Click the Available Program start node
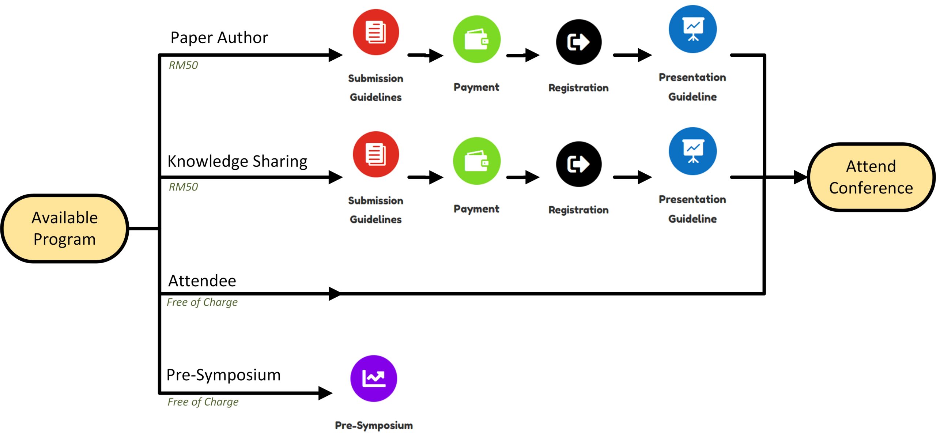(x=65, y=229)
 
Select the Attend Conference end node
(x=871, y=177)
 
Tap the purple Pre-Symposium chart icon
(x=374, y=379)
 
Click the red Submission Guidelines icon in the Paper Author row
(x=376, y=32)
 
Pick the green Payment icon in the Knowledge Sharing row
(x=477, y=161)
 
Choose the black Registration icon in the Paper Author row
(x=579, y=42)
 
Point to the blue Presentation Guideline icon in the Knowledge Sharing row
(x=693, y=151)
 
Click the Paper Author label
(x=219, y=38)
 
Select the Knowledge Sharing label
(x=237, y=161)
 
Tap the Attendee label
(x=202, y=281)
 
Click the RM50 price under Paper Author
(x=183, y=65)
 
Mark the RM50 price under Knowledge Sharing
(x=183, y=187)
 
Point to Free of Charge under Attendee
(x=202, y=302)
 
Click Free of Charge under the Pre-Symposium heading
(x=203, y=402)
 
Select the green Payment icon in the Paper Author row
(x=477, y=39)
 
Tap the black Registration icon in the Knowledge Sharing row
(x=579, y=164)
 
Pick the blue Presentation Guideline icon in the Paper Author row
(x=693, y=29)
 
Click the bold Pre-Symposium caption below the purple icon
(x=374, y=425)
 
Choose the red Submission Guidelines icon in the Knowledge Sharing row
(x=376, y=154)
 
